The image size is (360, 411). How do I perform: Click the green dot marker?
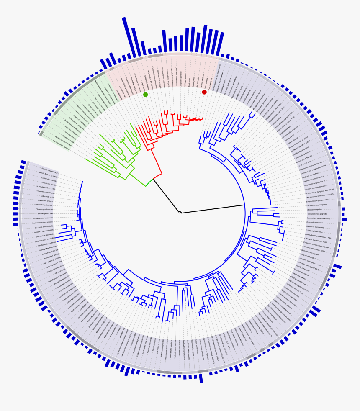click(x=145, y=95)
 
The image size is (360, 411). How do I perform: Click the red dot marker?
click(x=204, y=92)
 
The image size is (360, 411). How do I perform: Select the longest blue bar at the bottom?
click(x=201, y=378)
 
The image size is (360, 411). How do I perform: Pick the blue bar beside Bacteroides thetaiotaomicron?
click(x=345, y=219)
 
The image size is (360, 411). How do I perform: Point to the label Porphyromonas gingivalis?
click(x=317, y=214)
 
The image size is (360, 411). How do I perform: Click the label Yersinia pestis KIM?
click(x=45, y=213)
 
